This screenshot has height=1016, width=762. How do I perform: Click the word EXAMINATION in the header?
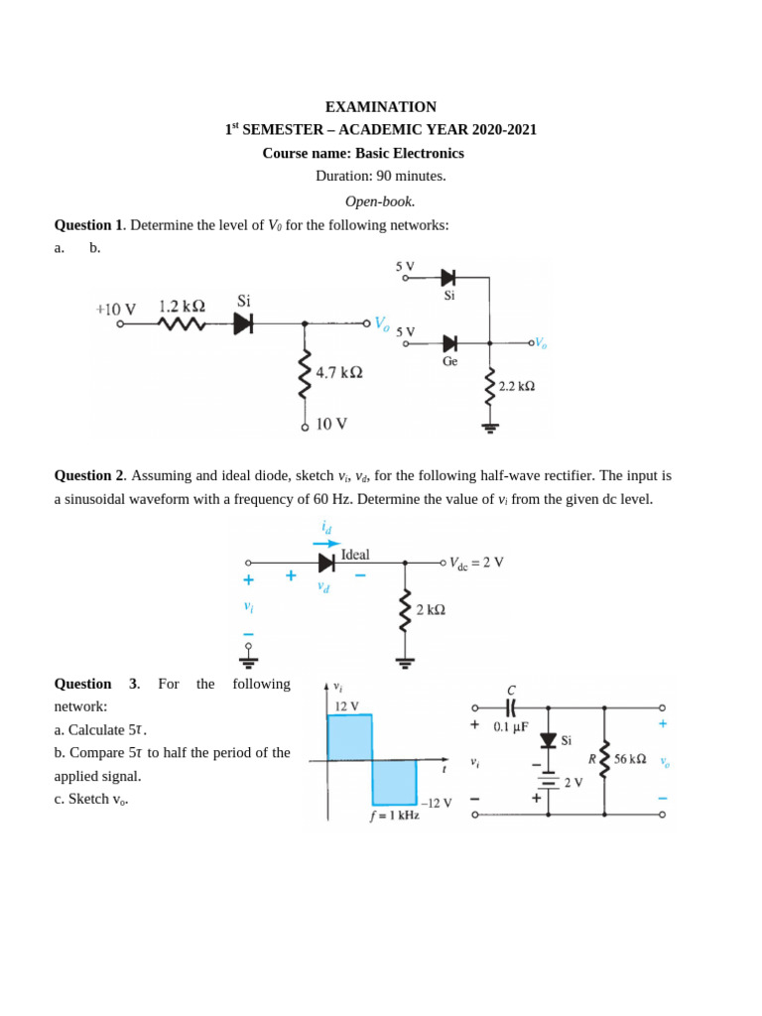pyautogui.click(x=381, y=107)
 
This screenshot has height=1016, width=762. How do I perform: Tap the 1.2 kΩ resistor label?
pyautogui.click(x=182, y=307)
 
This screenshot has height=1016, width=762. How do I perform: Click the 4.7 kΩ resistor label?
pyautogui.click(x=338, y=372)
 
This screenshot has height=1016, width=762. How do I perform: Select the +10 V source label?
pyautogui.click(x=116, y=310)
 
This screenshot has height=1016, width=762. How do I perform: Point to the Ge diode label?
pyautogui.click(x=449, y=362)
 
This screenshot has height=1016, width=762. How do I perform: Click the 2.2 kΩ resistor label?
pyautogui.click(x=516, y=386)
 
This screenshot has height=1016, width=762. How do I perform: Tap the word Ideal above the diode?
pyautogui.click(x=355, y=555)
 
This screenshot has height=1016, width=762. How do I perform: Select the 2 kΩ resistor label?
pyautogui.click(x=431, y=609)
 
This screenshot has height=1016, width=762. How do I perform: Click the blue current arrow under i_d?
pyautogui.click(x=326, y=544)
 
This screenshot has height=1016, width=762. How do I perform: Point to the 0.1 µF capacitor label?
pyautogui.click(x=515, y=726)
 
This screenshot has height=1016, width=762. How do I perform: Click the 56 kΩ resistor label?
pyautogui.click(x=629, y=759)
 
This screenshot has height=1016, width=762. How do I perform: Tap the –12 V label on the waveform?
pyautogui.click(x=437, y=803)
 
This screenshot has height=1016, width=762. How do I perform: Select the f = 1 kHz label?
pyautogui.click(x=395, y=816)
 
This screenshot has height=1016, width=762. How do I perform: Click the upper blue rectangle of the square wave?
pyautogui.click(x=349, y=737)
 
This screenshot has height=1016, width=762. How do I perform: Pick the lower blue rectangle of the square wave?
pyautogui.click(x=395, y=782)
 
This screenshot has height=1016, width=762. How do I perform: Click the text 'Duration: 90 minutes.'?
pyautogui.click(x=381, y=176)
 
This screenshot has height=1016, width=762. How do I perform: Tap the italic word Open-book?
pyautogui.click(x=380, y=201)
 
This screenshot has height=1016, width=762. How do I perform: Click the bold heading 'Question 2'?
pyautogui.click(x=88, y=476)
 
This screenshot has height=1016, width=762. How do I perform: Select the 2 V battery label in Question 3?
pyautogui.click(x=573, y=782)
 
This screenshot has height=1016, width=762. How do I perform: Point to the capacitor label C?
pyautogui.click(x=511, y=690)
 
